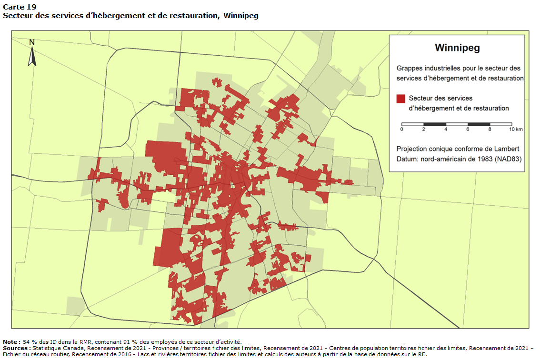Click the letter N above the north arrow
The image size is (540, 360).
pyautogui.click(x=32, y=42)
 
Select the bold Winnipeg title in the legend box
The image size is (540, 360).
pyautogui.click(x=457, y=48)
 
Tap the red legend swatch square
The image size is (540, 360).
pyautogui.click(x=400, y=99)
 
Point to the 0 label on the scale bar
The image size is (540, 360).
pyautogui.click(x=402, y=130)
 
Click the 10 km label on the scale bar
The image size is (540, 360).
pyautogui.click(x=516, y=130)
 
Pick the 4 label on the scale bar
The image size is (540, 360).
pyautogui.click(x=446, y=130)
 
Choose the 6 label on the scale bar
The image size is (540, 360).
pyautogui.click(x=468, y=130)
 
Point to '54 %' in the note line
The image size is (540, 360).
pyautogui.click(x=30, y=342)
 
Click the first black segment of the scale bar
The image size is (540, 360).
pyautogui.click(x=435, y=124)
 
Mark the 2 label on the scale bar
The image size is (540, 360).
pyautogui.click(x=424, y=130)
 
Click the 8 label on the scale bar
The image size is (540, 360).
pyautogui.click(x=490, y=130)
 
